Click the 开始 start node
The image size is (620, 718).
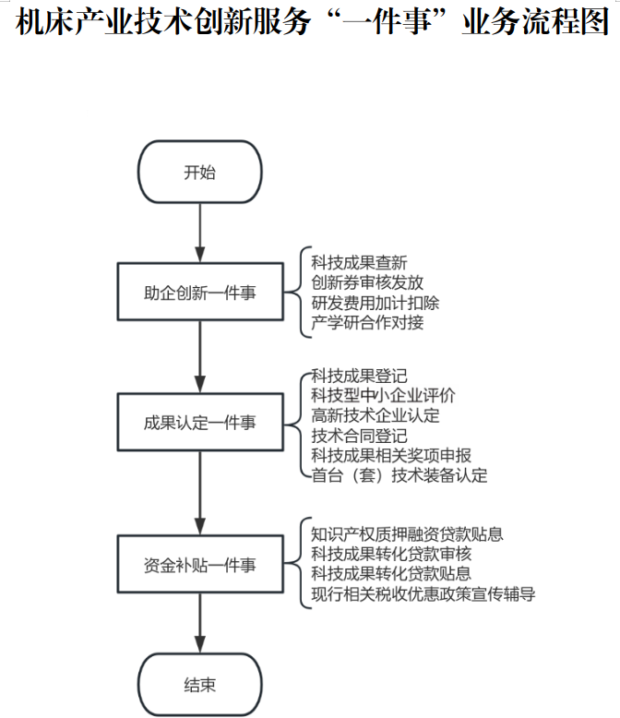pos(199,173)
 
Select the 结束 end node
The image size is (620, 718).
pos(199,685)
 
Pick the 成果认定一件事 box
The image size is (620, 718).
pos(199,423)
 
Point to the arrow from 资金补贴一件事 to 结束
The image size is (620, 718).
pos(199,625)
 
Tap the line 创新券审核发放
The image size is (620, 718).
pos(367,282)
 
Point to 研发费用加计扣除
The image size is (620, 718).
pos(376,302)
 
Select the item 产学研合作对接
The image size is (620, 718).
pos(367,322)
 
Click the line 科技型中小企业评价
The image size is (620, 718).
pos(383,395)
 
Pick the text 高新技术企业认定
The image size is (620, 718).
pos(376,415)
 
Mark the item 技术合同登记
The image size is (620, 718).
pos(359,436)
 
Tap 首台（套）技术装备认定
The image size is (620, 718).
pos(399,475)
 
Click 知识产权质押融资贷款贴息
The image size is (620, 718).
pos(407,534)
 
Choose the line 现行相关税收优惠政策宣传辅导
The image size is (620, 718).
pos(423,593)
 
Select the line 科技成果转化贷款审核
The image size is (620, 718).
pos(391,554)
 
